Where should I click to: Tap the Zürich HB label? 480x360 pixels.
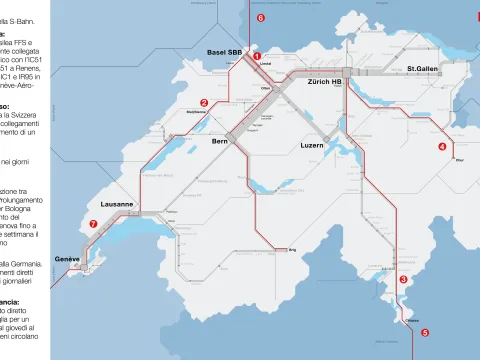[x=325, y=81]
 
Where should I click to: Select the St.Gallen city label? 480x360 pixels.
[x=423, y=69]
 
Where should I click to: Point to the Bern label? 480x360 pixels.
[x=221, y=142]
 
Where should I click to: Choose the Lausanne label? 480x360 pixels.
[x=117, y=203]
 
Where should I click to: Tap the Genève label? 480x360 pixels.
[x=67, y=258]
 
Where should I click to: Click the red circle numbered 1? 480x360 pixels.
[x=257, y=57]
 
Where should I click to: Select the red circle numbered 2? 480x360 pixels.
[x=204, y=102]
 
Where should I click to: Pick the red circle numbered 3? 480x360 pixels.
[x=403, y=279]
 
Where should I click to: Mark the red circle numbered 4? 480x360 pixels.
[x=442, y=146]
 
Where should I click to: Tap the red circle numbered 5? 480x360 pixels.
[x=424, y=332]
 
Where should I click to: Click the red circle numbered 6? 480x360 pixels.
[x=260, y=18]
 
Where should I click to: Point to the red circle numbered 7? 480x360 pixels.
[x=93, y=224]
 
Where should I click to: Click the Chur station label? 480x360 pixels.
[x=459, y=159]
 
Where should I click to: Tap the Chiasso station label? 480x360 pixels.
[x=411, y=320]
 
